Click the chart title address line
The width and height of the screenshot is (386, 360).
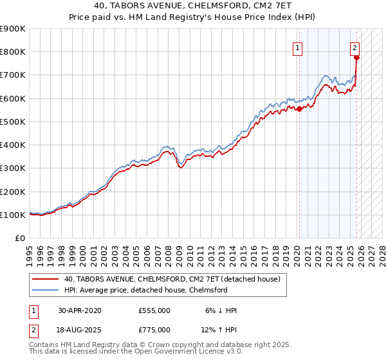coord(193,6)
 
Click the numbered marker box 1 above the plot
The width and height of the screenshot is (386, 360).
coord(299,47)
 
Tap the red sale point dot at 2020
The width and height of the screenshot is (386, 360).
coord(299,109)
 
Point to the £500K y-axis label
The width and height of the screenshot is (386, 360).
coord(13,122)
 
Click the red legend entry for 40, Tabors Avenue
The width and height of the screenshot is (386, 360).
coord(172,280)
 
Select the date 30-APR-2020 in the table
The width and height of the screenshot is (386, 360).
coord(80,310)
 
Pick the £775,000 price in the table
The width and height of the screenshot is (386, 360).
coord(154,330)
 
